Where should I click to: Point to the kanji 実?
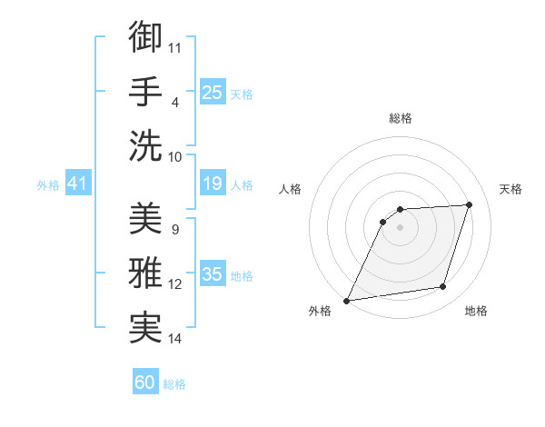145,328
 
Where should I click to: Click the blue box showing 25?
213,92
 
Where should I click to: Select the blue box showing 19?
213,184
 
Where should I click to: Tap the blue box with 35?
213,274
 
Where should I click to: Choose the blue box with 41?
78,184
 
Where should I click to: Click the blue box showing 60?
145,382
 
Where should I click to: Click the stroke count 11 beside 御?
175,46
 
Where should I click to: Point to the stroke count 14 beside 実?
175,339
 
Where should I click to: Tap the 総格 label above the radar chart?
400,119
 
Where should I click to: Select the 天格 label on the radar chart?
510,189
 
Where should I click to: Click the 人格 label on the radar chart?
291,189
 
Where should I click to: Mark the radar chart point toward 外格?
346,301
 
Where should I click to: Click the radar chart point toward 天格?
470,204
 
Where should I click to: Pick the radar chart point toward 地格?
443,287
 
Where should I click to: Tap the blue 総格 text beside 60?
174,384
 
